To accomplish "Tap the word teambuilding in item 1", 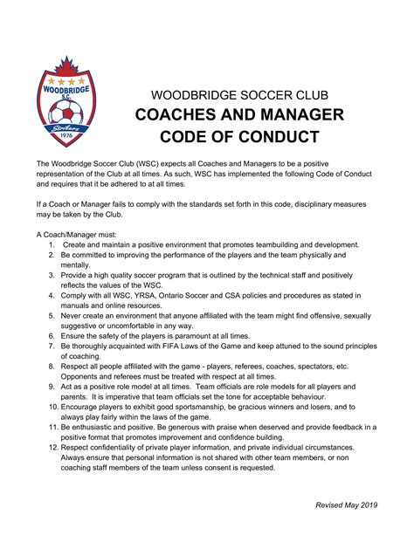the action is coord(259,245).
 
